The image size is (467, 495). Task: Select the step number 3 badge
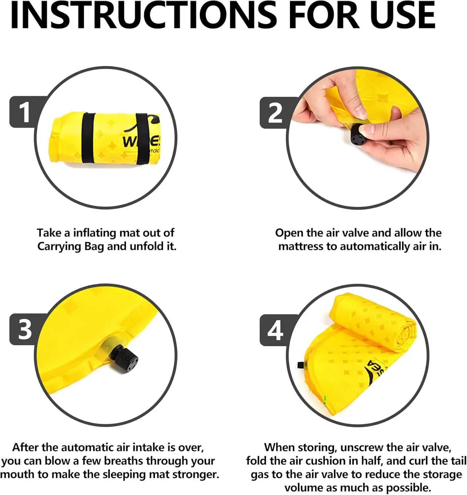(25, 329)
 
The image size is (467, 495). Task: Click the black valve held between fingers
(358, 137)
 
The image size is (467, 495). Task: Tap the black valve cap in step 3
(127, 358)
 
